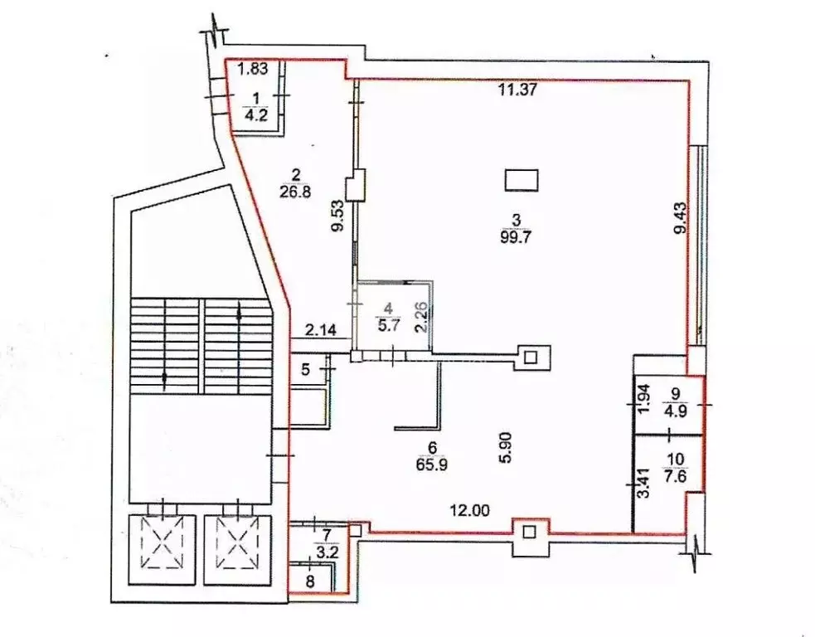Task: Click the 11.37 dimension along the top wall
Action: (517, 90)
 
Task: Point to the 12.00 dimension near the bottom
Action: (470, 511)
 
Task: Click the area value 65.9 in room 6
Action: (432, 464)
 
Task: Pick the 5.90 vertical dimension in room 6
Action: (507, 447)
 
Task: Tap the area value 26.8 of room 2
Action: (295, 192)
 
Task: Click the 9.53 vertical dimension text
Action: (339, 216)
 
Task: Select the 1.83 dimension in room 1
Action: (253, 69)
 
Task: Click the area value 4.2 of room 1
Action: (256, 115)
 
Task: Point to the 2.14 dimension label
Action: (320, 329)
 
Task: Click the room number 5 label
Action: (306, 370)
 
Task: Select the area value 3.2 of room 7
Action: (328, 552)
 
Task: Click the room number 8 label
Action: (310, 581)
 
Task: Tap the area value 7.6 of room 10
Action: (678, 476)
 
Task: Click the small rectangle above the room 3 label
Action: (522, 180)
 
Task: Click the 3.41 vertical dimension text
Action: (643, 483)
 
